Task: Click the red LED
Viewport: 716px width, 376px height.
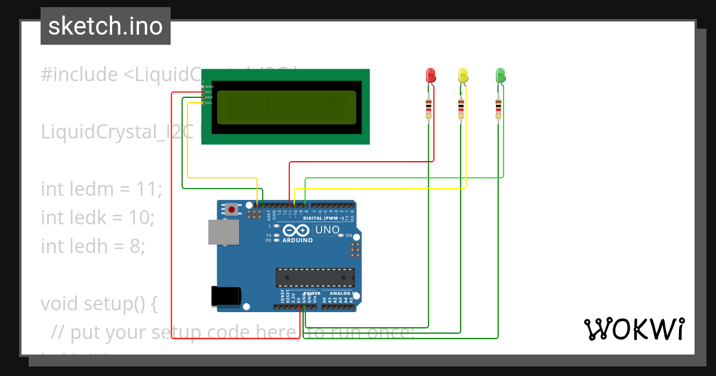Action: (431, 75)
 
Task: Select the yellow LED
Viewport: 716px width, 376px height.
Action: (463, 75)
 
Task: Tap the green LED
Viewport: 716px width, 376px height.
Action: (501, 75)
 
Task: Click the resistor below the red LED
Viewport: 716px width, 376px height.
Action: (428, 108)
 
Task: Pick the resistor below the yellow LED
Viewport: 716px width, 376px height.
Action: (461, 108)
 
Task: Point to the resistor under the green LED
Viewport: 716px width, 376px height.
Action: (498, 108)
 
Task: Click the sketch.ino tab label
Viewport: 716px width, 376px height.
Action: (106, 26)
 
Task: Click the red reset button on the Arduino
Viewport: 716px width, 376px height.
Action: (232, 209)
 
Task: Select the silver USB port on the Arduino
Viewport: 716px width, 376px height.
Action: (223, 232)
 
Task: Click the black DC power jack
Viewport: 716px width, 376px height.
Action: (226, 297)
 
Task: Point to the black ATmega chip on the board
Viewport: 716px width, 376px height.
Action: (315, 278)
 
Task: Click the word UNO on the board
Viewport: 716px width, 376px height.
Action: (327, 230)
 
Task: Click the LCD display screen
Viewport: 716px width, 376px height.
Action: (286, 107)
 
